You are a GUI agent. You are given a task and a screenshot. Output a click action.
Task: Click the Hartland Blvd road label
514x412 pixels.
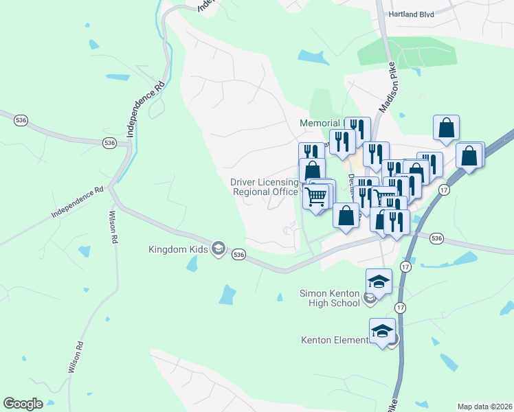click(412, 14)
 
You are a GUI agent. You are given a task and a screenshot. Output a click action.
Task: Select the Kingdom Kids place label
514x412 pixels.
click(178, 249)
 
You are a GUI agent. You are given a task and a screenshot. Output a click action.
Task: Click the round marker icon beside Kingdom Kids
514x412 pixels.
click(219, 248)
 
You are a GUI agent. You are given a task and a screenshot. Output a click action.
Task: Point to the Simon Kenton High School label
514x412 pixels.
click(330, 298)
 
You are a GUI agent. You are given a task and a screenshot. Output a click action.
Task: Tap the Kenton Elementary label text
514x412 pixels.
click(335, 340)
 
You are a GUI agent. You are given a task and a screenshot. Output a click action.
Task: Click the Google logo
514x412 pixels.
click(23, 404)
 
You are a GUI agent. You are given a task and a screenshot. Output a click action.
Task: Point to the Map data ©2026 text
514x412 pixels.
click(484, 407)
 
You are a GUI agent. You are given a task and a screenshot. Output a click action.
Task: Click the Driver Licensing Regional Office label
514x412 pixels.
click(265, 187)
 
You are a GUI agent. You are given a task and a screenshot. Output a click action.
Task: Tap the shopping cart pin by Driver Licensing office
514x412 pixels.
click(315, 196)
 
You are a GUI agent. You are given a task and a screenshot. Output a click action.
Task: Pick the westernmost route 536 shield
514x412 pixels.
click(21, 121)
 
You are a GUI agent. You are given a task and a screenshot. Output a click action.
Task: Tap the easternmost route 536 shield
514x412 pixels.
click(436, 238)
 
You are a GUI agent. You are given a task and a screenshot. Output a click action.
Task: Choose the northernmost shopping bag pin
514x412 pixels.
click(446, 128)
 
